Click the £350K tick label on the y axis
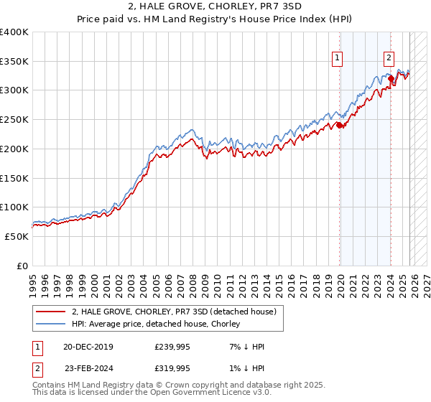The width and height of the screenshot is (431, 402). point(14,61)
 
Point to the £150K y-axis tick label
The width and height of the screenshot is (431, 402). point(14,178)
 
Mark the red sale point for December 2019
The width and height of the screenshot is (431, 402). point(339,125)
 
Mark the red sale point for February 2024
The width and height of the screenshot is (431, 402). point(390,78)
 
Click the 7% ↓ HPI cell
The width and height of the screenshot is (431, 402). point(246,347)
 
